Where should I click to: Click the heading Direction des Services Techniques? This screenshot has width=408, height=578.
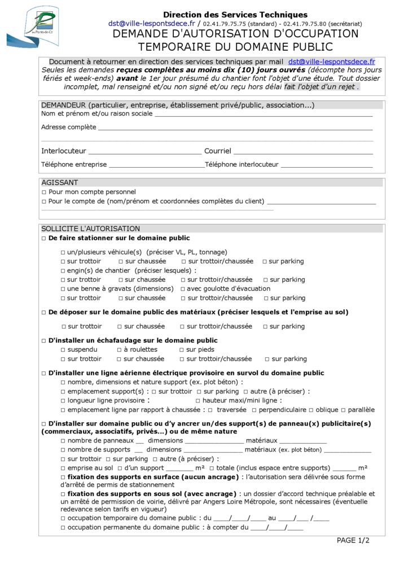[235, 15]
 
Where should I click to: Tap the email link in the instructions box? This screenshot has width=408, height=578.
[331, 62]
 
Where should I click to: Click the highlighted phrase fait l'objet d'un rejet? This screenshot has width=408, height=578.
[322, 87]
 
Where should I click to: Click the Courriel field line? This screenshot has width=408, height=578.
[303, 152]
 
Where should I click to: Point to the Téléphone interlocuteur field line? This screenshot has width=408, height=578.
[327, 166]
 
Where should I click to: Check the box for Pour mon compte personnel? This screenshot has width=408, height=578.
[44, 192]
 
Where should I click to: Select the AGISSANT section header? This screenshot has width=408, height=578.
[60, 182]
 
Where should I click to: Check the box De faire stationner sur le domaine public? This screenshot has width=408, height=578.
[44, 238]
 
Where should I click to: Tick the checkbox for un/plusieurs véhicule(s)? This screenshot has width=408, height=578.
[63, 252]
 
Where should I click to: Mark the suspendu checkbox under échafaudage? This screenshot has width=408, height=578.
[63, 349]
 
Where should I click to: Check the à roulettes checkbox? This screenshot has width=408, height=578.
[120, 349]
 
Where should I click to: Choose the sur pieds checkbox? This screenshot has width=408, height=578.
[182, 349]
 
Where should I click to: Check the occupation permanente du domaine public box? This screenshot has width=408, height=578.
[63, 528]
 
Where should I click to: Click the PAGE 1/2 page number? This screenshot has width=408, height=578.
[353, 540]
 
